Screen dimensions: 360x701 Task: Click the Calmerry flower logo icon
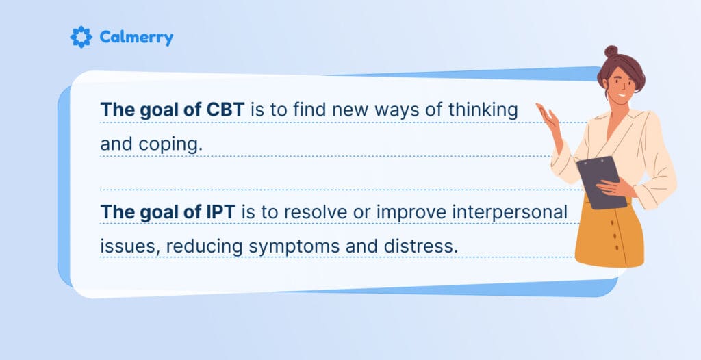81,37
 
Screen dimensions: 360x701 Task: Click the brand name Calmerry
136,38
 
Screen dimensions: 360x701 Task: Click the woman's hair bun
611,51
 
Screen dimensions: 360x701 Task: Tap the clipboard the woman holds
600,181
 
